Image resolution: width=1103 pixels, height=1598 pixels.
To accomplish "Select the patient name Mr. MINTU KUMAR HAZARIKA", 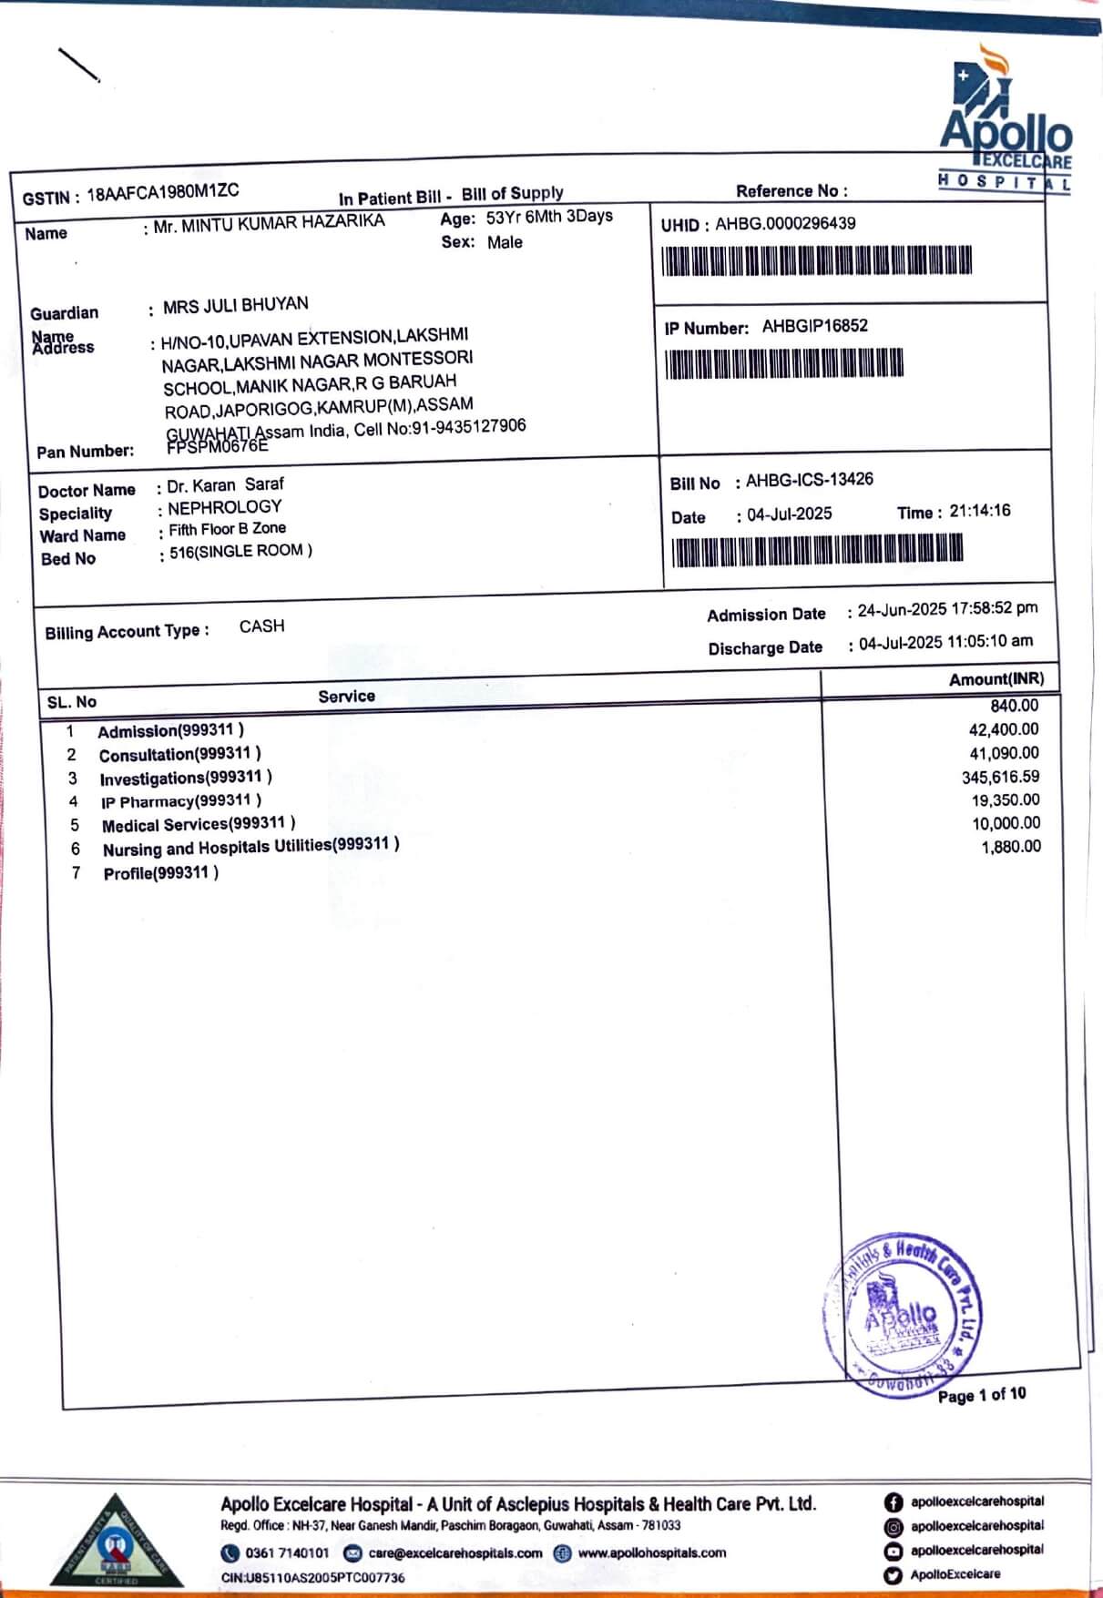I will click(x=269, y=223).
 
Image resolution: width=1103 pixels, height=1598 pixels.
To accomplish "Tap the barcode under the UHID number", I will click(x=816, y=260).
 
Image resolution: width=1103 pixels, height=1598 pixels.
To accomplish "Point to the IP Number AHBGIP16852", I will click(x=814, y=326).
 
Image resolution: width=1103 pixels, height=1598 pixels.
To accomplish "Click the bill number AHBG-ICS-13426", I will click(x=809, y=480).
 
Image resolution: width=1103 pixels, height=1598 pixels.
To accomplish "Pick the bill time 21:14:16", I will click(x=979, y=511).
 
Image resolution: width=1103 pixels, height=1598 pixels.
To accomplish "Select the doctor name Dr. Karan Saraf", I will click(x=225, y=485).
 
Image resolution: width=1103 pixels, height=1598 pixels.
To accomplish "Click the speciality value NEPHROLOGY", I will click(x=224, y=507).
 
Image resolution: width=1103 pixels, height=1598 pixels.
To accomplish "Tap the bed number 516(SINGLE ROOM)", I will click(x=240, y=551).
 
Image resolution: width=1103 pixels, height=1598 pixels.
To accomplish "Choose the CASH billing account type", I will click(x=261, y=626).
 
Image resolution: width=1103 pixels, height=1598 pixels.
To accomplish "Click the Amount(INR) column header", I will click(x=996, y=679).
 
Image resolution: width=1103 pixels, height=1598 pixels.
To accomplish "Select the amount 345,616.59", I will click(x=1000, y=777).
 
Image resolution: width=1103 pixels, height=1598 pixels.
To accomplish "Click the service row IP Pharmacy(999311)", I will click(x=181, y=801).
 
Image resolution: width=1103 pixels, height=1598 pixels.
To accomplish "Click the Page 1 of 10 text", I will click(x=981, y=1395).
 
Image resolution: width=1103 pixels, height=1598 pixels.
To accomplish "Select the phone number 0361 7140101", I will click(x=286, y=1552).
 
